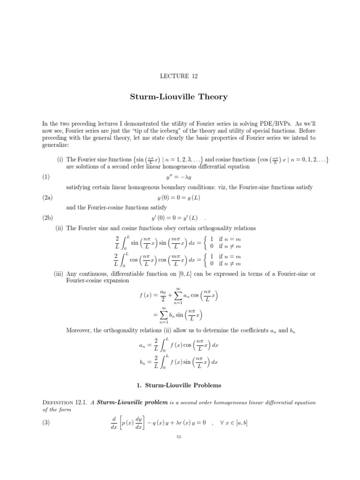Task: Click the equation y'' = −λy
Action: coord(180,177)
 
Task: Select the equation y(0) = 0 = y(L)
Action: coord(180,198)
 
